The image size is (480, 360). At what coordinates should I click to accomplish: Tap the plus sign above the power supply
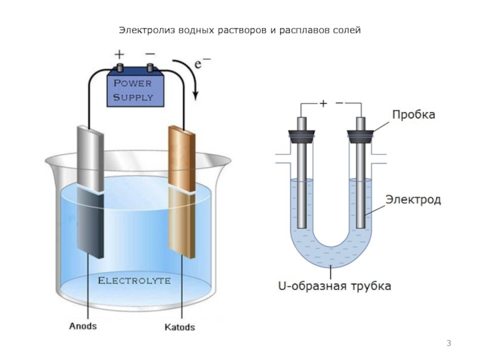coord(119,55)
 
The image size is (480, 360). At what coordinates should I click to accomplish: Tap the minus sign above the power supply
coord(151,54)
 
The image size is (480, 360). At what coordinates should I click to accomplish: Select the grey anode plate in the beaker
coord(90,191)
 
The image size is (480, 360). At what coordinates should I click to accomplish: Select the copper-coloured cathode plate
coord(182,191)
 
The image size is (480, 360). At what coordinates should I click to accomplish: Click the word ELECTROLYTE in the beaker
coord(134,281)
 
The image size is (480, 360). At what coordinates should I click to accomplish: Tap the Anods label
coord(83,326)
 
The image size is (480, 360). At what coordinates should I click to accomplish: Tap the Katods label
coord(179,327)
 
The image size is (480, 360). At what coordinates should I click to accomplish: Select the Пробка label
coord(413,115)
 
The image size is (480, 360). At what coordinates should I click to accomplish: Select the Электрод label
coord(413,200)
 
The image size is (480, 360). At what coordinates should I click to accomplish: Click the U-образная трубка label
coord(335,286)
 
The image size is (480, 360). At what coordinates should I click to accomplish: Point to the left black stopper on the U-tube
coord(302,137)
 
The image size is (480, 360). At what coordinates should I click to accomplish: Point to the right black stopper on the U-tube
coord(361,137)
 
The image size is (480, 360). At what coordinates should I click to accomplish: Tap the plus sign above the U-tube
coord(323,103)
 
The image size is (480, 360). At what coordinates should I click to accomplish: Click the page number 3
coord(449,343)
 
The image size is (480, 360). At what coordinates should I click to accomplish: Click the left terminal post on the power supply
coord(119,68)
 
